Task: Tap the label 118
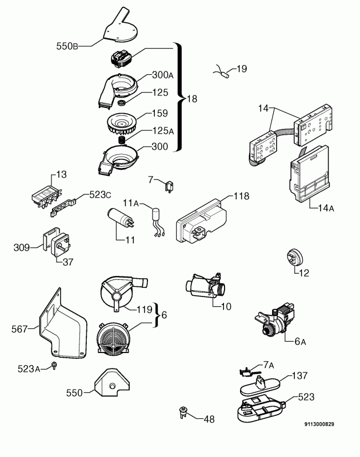241,196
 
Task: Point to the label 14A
323,209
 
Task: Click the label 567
19,328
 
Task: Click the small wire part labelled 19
223,72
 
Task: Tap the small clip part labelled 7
169,186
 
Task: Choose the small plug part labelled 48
184,411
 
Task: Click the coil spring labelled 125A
121,139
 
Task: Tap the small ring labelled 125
122,103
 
